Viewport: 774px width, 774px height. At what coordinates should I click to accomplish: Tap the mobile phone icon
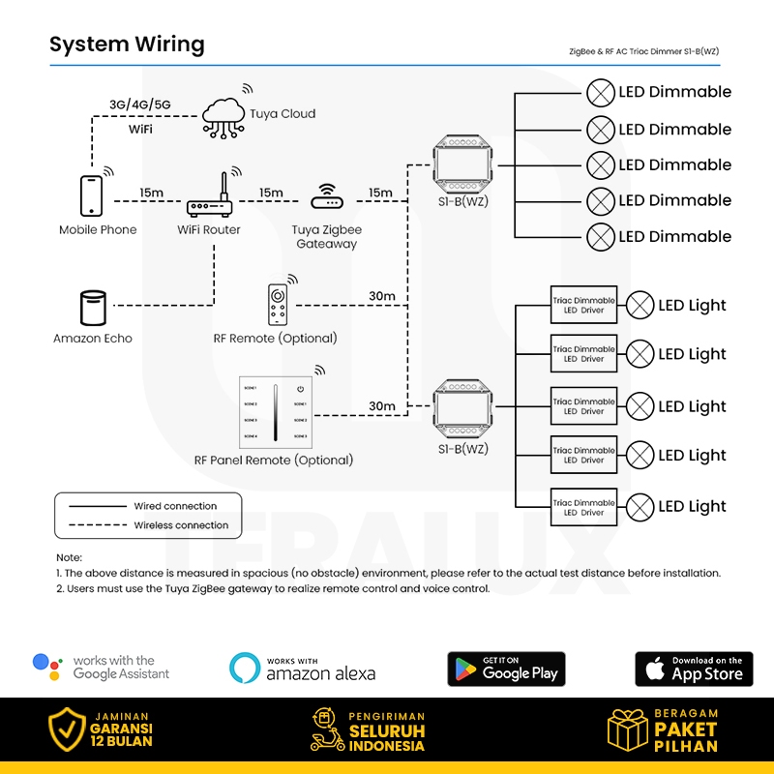coord(91,195)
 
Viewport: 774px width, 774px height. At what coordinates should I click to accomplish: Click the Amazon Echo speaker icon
coord(92,308)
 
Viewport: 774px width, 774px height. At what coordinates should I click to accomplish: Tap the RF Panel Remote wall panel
coord(275,411)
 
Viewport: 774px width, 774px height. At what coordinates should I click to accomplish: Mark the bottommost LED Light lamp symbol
coord(640,507)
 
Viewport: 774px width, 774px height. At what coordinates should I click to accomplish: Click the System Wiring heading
coord(127,45)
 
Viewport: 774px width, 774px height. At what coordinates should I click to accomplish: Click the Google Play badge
coord(506,669)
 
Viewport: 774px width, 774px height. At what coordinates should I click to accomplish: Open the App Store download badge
coord(694,669)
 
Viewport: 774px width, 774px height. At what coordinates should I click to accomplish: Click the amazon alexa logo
coord(303,668)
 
